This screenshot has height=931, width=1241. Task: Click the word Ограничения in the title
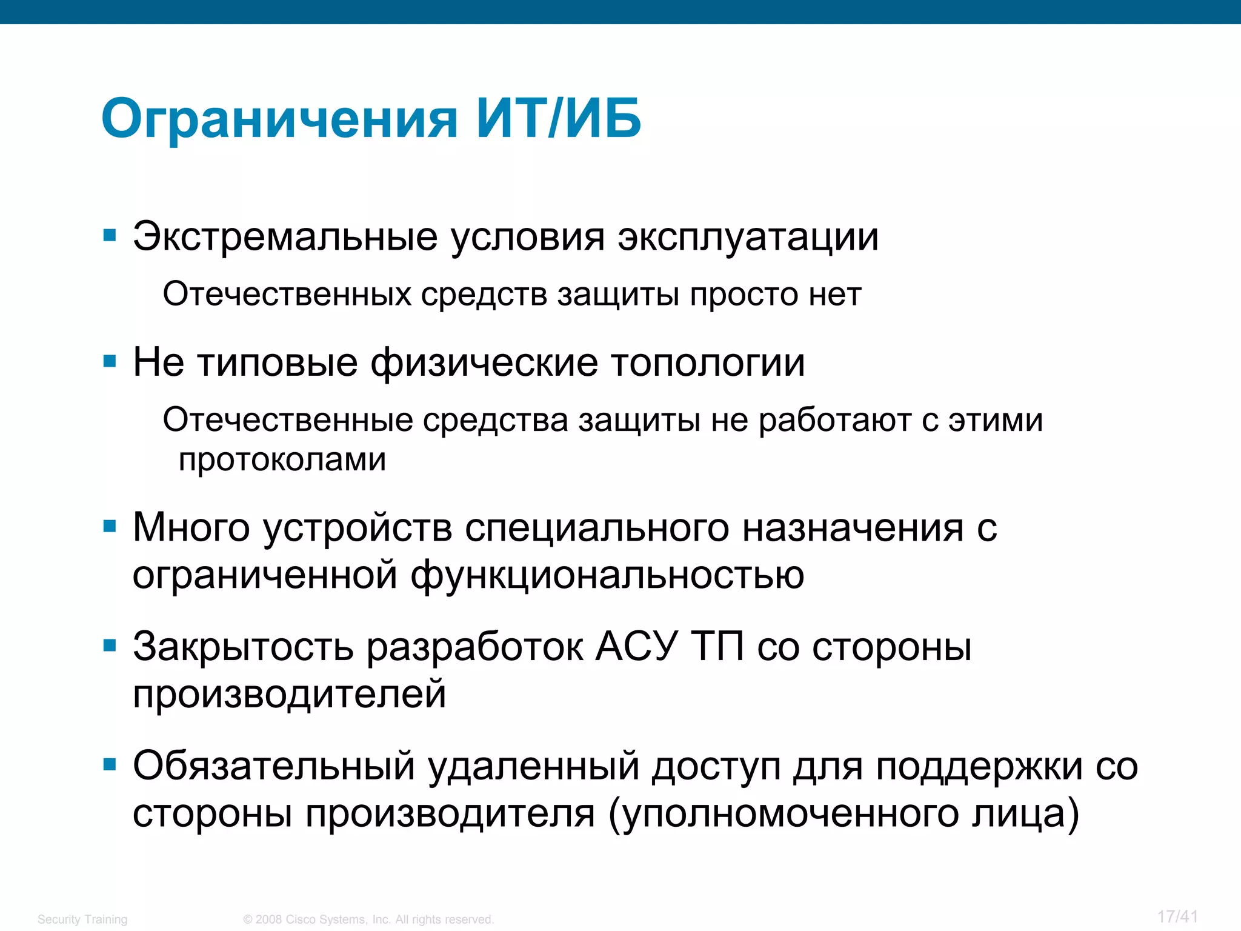[x=279, y=119]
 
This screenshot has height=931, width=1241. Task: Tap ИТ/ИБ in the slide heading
[x=558, y=118]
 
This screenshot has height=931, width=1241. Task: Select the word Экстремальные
[x=285, y=236]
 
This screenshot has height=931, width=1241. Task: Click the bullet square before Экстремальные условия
[x=110, y=235]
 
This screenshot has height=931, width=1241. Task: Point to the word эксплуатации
[x=748, y=238]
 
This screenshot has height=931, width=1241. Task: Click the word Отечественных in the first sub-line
[x=287, y=295]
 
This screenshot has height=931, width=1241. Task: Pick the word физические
[x=484, y=364]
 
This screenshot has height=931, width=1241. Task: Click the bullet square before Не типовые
[x=110, y=362]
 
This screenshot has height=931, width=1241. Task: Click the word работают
[x=835, y=421]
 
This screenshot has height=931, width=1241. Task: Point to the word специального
[x=597, y=527]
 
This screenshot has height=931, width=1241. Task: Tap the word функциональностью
[x=608, y=576]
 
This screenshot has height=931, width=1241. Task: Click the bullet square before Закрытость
[x=110, y=646]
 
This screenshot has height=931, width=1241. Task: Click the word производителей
[x=290, y=695]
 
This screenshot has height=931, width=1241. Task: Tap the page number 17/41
[x=1177, y=916]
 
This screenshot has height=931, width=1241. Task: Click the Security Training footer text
[x=82, y=919]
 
